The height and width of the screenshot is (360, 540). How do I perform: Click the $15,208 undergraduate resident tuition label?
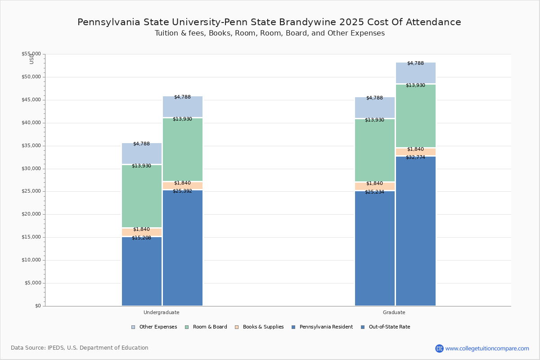141,238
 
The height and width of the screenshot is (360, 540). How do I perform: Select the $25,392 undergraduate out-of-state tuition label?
182,191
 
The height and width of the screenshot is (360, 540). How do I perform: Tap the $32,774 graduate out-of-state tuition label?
415,157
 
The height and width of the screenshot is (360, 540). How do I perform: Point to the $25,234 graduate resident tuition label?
374,192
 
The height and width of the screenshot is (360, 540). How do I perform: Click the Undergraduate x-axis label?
162,312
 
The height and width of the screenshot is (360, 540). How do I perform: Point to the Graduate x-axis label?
394,312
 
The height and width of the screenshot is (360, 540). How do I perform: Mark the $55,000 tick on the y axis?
31,54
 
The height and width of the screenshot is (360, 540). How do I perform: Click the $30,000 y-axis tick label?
31,169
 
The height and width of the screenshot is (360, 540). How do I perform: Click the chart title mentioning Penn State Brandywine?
269,22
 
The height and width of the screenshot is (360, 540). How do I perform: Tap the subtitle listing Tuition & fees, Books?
269,33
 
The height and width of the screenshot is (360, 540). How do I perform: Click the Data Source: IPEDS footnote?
80,348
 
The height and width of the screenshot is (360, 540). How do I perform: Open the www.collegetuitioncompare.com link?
487,348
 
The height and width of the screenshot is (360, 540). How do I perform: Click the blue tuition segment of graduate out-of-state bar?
415,232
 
